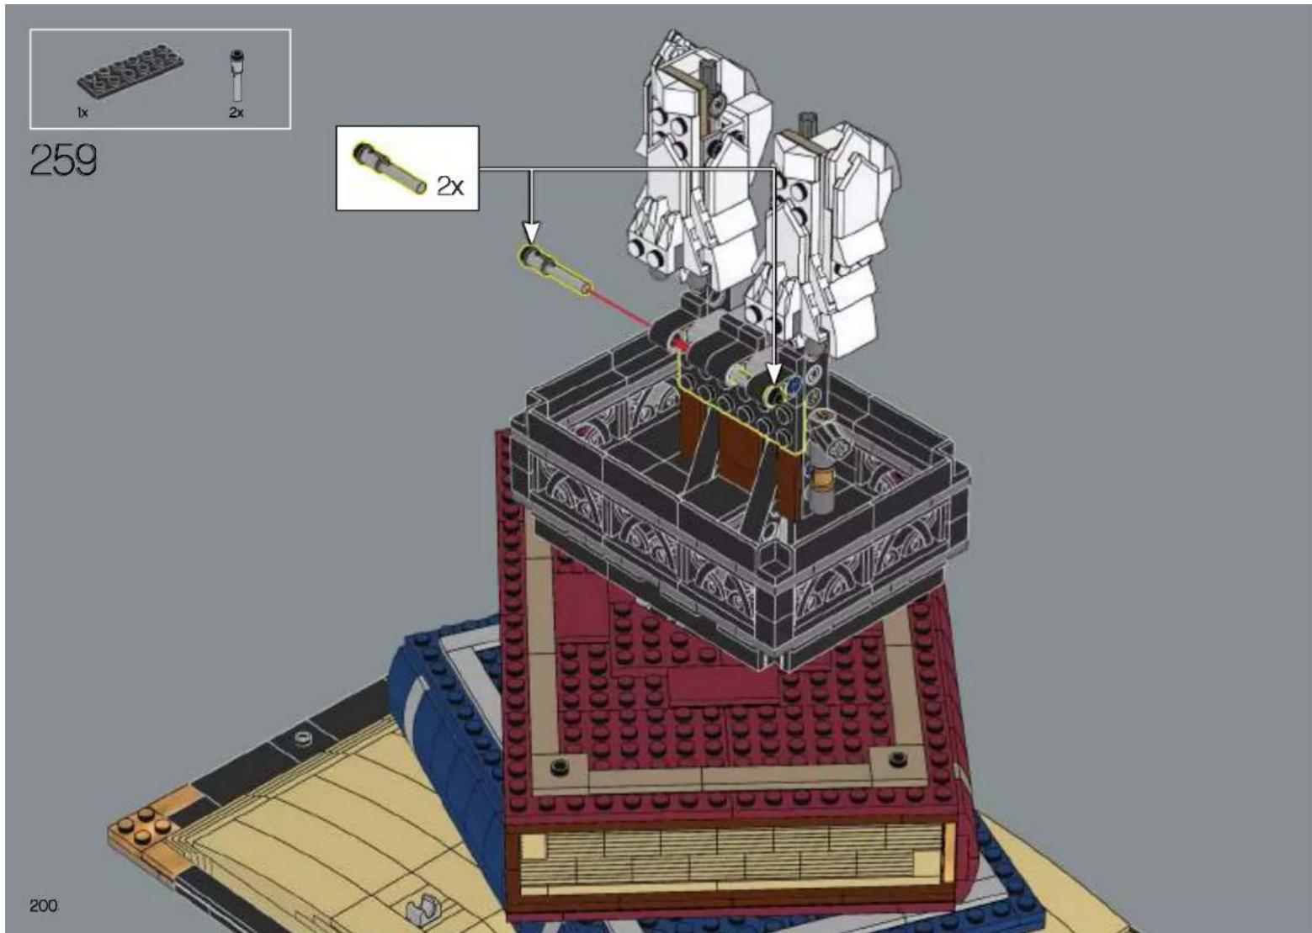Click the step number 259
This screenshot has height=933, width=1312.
(x=63, y=160)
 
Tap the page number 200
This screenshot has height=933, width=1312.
(x=44, y=906)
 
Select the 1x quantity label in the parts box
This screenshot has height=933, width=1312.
(x=82, y=113)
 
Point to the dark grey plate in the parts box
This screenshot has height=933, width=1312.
(x=130, y=77)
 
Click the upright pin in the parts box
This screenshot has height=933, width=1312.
(x=236, y=77)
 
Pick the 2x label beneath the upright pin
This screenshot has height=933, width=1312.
(x=236, y=113)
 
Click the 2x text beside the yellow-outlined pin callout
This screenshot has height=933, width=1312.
(x=450, y=186)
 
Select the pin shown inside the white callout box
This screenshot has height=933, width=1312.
(x=388, y=167)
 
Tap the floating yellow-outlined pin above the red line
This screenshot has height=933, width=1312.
(x=554, y=270)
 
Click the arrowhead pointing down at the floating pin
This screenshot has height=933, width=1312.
(x=531, y=232)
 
